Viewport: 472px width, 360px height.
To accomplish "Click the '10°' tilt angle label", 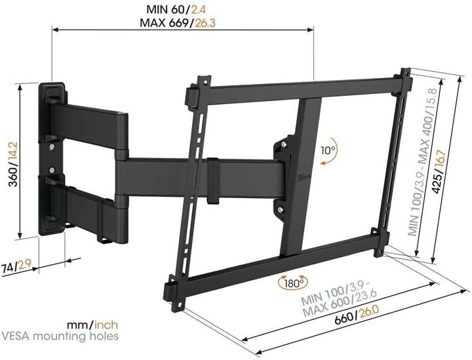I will pyautogui.click(x=328, y=150).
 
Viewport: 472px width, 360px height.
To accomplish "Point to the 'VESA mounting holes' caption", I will pyautogui.click(x=60, y=337).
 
